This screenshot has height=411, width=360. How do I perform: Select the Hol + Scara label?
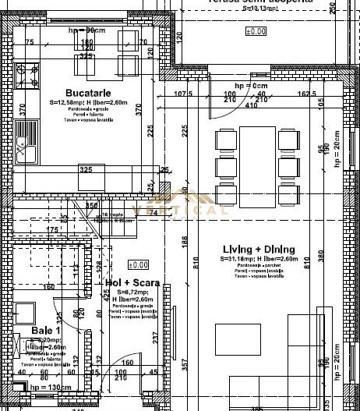(125, 283)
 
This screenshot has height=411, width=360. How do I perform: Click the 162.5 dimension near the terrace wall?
(306, 94)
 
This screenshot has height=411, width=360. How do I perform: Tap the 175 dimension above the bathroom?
(53, 230)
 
